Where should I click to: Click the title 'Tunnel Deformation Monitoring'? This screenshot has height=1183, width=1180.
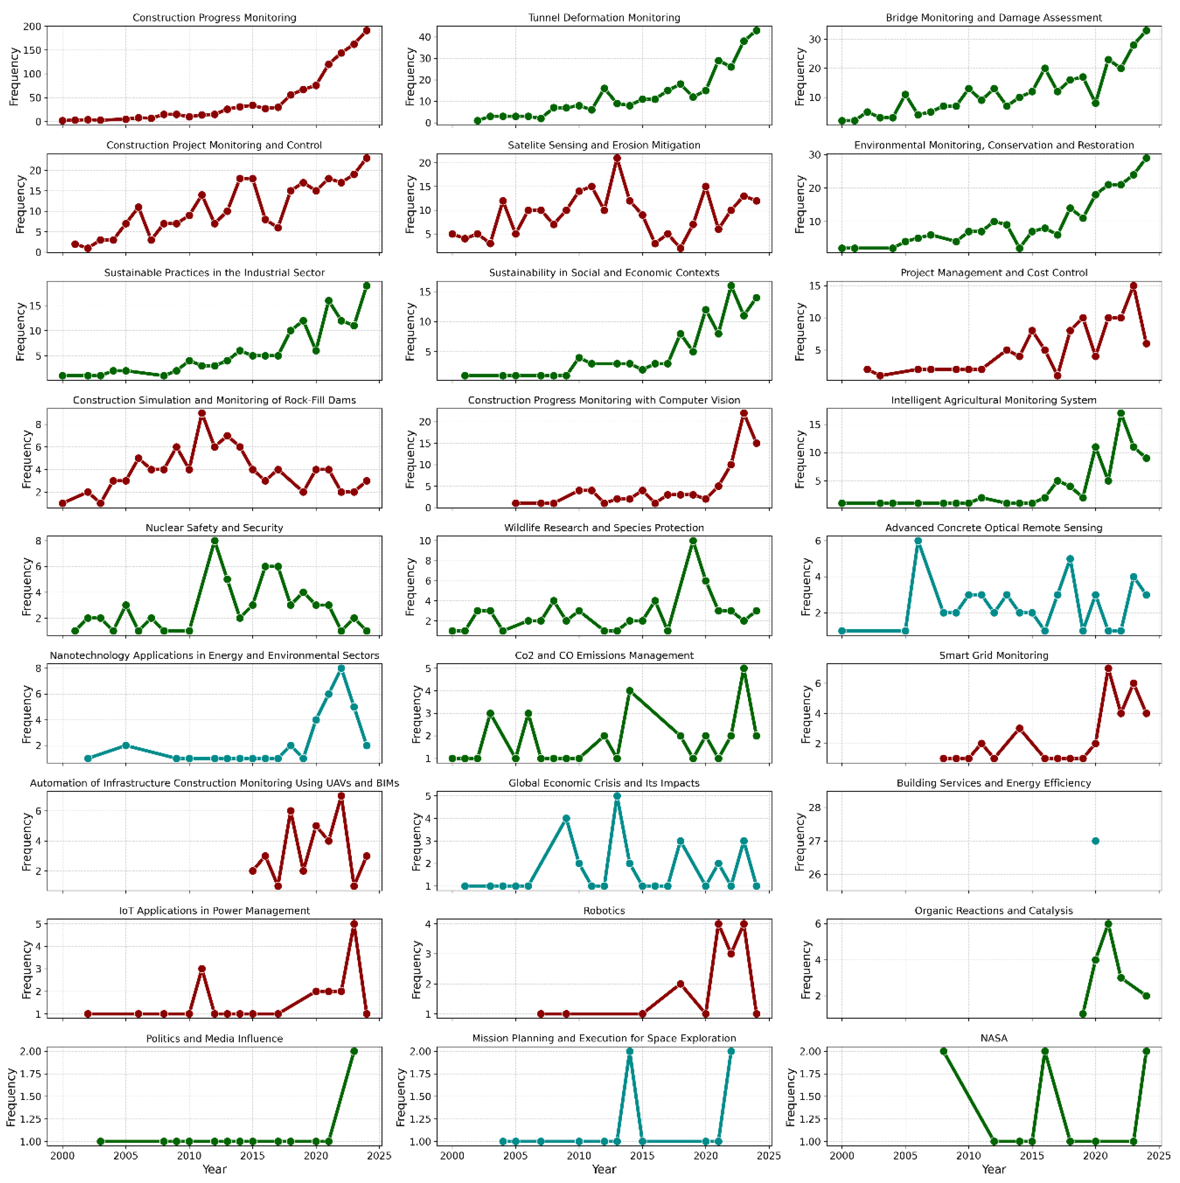click(604, 18)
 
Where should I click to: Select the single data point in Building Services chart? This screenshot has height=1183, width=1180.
click(1095, 841)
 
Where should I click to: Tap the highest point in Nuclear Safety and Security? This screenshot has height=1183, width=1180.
click(214, 541)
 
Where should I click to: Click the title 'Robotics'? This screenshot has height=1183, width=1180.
click(604, 911)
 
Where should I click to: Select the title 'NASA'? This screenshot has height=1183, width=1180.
click(993, 1038)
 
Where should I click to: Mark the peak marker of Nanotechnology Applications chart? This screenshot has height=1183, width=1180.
click(341, 668)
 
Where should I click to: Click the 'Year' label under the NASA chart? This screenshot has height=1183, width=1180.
click(993, 1169)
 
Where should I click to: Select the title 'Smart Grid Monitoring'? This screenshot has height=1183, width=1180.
click(993, 655)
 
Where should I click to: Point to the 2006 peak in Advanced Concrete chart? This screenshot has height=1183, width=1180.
click(918, 541)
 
